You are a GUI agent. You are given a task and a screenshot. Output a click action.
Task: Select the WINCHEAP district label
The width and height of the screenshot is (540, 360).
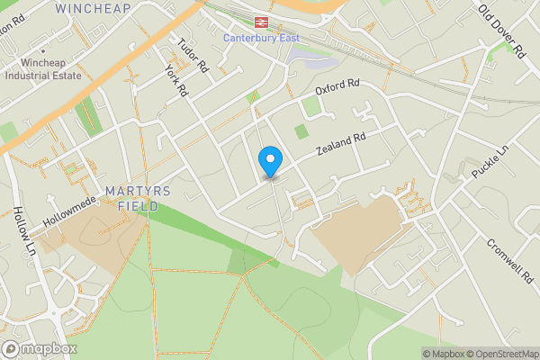92,8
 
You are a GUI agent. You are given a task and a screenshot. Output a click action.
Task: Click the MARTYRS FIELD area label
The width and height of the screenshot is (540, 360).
131,198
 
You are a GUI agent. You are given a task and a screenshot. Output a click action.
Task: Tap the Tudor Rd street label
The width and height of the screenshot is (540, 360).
193,56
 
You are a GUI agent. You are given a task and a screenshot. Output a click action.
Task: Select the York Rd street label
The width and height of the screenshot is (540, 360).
176,80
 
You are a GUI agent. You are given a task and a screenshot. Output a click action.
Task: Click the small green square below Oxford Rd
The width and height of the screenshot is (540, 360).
311,106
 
